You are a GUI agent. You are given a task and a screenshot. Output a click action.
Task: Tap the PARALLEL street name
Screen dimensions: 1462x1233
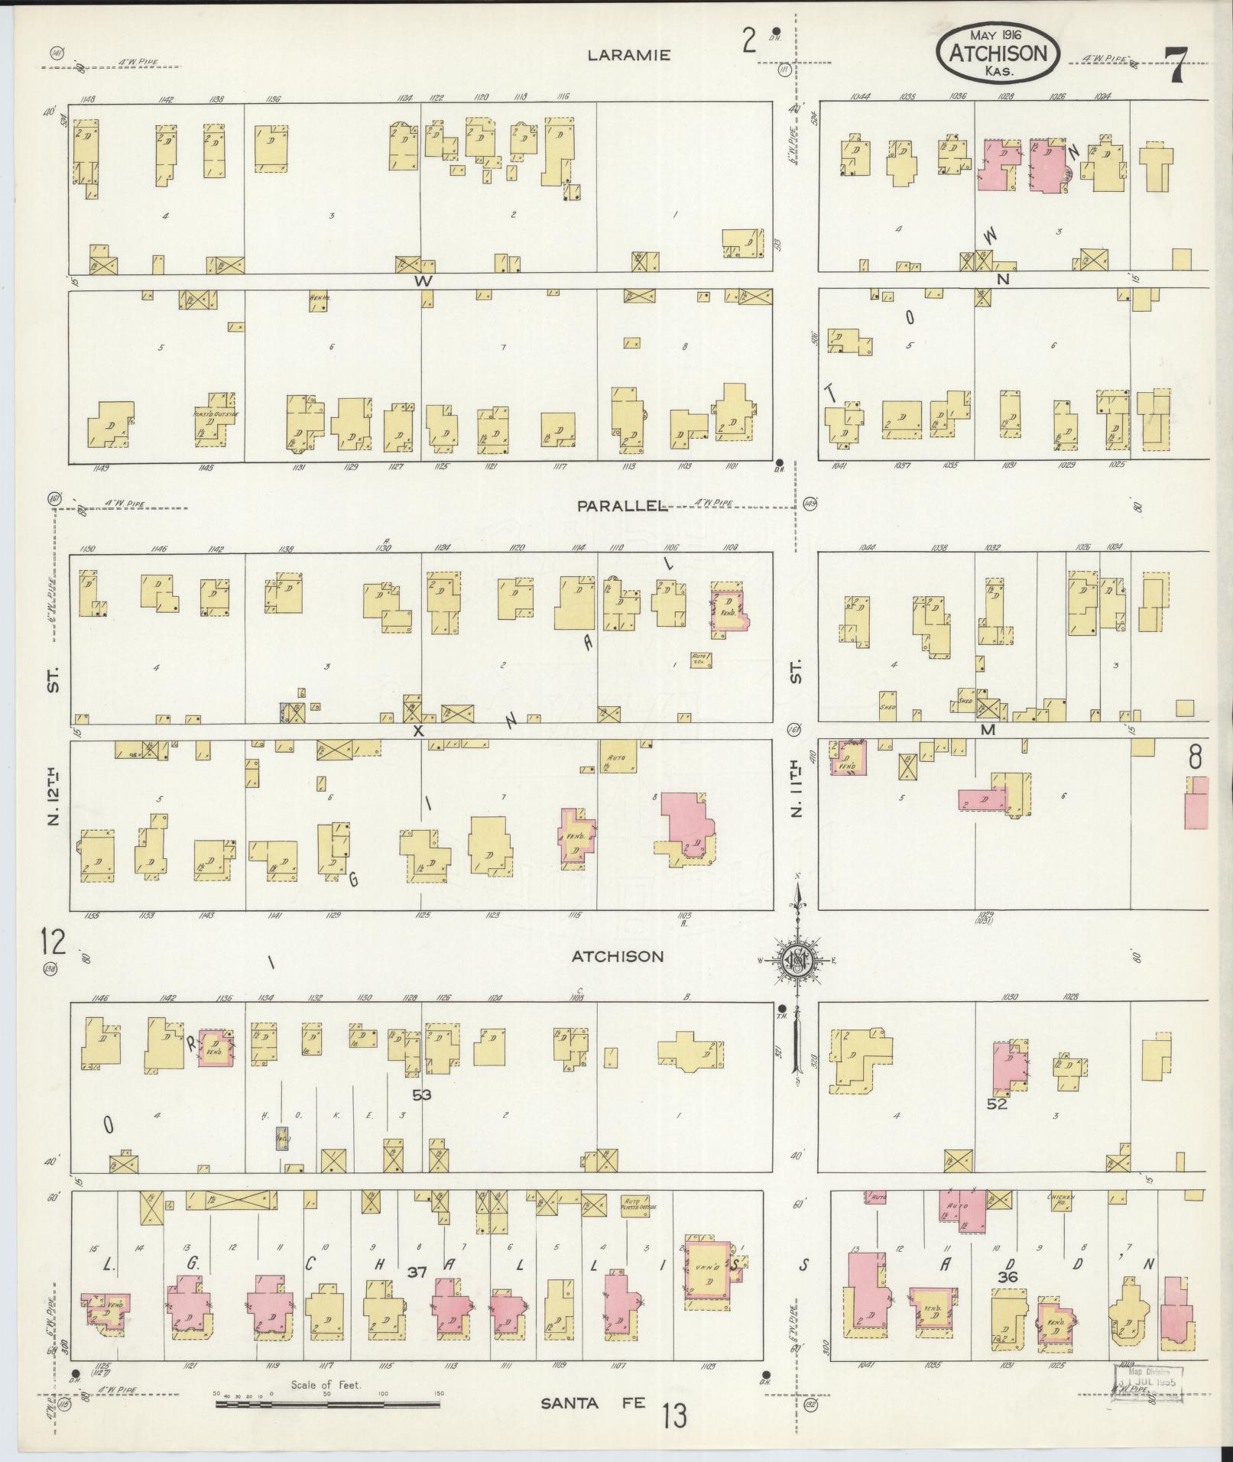tap(621, 506)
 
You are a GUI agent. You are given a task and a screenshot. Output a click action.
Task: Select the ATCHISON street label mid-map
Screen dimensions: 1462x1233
tap(618, 956)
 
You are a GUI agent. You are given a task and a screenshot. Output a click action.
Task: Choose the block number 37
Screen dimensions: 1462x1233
tap(416, 1272)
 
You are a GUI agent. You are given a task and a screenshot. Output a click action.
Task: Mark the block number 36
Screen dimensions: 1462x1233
tap(1008, 1276)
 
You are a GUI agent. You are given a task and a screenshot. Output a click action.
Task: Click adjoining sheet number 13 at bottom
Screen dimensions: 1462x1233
tap(674, 1415)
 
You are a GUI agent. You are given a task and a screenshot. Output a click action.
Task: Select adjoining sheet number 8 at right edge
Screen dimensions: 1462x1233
tap(1195, 756)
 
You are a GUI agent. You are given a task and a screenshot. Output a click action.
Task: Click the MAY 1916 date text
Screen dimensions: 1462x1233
tap(998, 34)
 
